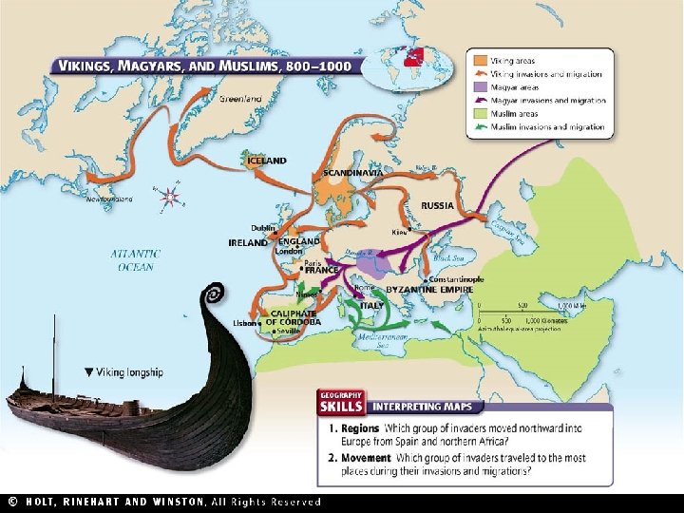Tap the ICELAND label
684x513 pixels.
point(266,161)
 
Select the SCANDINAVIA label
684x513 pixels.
point(353,173)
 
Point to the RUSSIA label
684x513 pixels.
point(437,205)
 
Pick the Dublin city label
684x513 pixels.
point(263,228)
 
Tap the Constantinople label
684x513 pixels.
point(457,279)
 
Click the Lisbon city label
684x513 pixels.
point(245,322)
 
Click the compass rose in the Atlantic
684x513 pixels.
point(170,198)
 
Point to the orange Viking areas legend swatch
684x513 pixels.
point(482,59)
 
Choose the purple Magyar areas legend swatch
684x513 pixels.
point(482,86)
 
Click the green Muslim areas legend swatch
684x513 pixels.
point(482,113)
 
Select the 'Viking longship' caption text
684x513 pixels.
point(129,372)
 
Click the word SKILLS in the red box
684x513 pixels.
point(342,406)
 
